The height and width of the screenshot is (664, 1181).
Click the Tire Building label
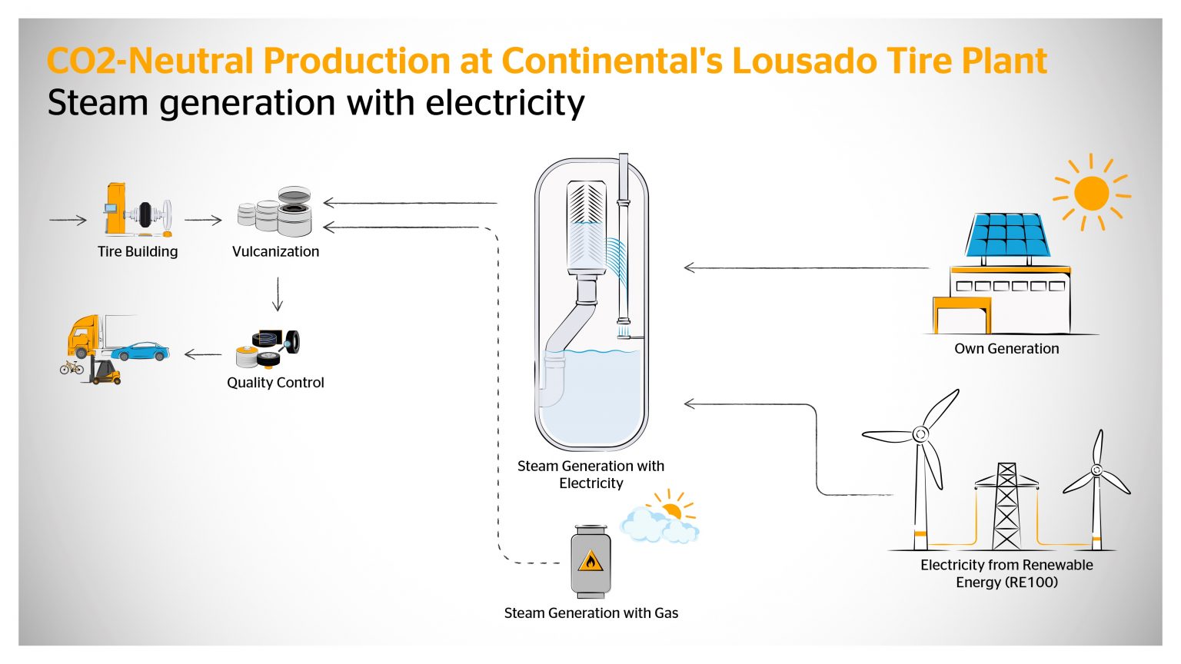(138, 251)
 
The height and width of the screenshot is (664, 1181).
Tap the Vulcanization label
(275, 251)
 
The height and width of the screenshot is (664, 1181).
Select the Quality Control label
(275, 383)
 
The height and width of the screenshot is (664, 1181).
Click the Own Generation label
(1006, 349)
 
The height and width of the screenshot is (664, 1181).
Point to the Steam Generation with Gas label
(591, 613)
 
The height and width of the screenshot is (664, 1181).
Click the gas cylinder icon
(590, 562)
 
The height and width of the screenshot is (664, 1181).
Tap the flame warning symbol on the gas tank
(590, 562)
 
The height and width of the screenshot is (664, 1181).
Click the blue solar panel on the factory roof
(1008, 235)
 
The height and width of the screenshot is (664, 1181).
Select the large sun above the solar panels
(1091, 193)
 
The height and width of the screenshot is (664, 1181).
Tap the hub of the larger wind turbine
(920, 435)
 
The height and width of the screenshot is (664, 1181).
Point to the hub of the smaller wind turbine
(1097, 470)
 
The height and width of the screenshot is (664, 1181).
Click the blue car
(140, 351)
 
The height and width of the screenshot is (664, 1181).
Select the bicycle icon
(72, 367)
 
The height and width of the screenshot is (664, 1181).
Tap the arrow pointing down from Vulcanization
(278, 294)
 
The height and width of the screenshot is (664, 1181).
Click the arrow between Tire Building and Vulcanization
(203, 220)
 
